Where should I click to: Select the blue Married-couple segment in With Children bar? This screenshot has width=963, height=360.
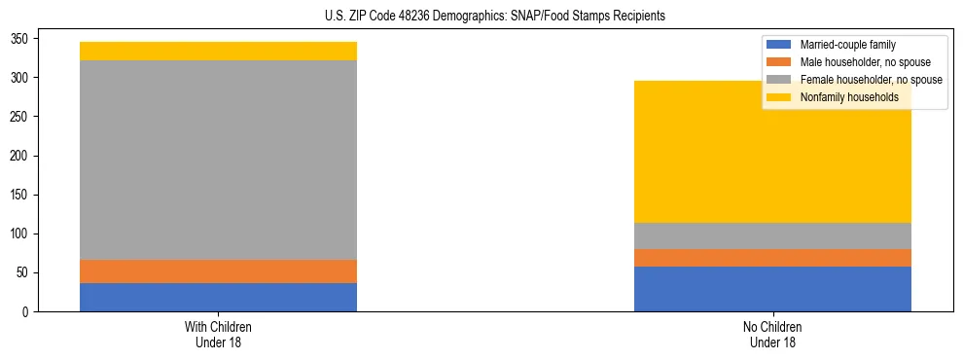click(x=218, y=297)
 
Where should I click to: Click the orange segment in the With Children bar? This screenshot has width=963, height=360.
click(x=218, y=271)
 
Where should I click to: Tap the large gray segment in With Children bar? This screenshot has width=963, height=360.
click(x=218, y=161)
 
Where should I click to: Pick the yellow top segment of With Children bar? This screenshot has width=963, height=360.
click(x=218, y=51)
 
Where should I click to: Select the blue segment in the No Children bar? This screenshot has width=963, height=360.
click(x=772, y=289)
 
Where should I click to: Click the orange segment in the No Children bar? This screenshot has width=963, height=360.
click(x=772, y=258)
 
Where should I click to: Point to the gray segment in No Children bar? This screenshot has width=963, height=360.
click(x=772, y=236)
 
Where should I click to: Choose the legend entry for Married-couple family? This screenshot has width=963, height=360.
click(x=847, y=45)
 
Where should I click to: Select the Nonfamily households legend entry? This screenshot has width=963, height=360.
click(x=849, y=97)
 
